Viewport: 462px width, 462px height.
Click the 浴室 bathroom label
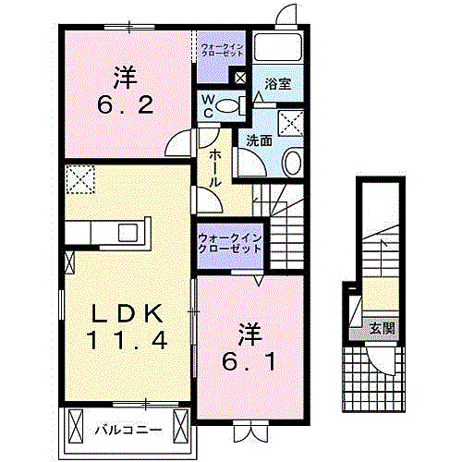coord(278,84)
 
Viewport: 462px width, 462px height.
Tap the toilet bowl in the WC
coord(227,105)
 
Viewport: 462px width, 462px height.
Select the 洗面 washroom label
coord(260,140)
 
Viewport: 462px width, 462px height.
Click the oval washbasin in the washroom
coord(292,162)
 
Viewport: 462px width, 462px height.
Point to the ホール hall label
coord(215,169)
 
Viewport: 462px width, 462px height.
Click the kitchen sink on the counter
coord(128,233)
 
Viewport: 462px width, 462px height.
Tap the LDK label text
coord(128,313)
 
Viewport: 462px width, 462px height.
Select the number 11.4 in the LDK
coord(128,340)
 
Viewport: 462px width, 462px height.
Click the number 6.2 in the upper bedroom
coord(126,104)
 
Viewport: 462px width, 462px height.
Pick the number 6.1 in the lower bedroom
coord(249,361)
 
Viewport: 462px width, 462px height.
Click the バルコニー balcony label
coord(128,430)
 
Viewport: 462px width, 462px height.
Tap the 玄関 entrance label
coord(383,329)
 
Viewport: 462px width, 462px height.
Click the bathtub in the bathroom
coord(277,47)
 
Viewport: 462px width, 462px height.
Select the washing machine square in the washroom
coord(291,123)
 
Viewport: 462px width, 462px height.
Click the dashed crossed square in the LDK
coord(80,179)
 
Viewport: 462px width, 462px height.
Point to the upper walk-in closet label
coord(222,50)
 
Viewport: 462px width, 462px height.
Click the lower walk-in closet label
coord(230,243)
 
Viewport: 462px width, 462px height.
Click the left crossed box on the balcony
coord(76,426)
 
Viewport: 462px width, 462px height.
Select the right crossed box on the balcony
coord(180,426)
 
